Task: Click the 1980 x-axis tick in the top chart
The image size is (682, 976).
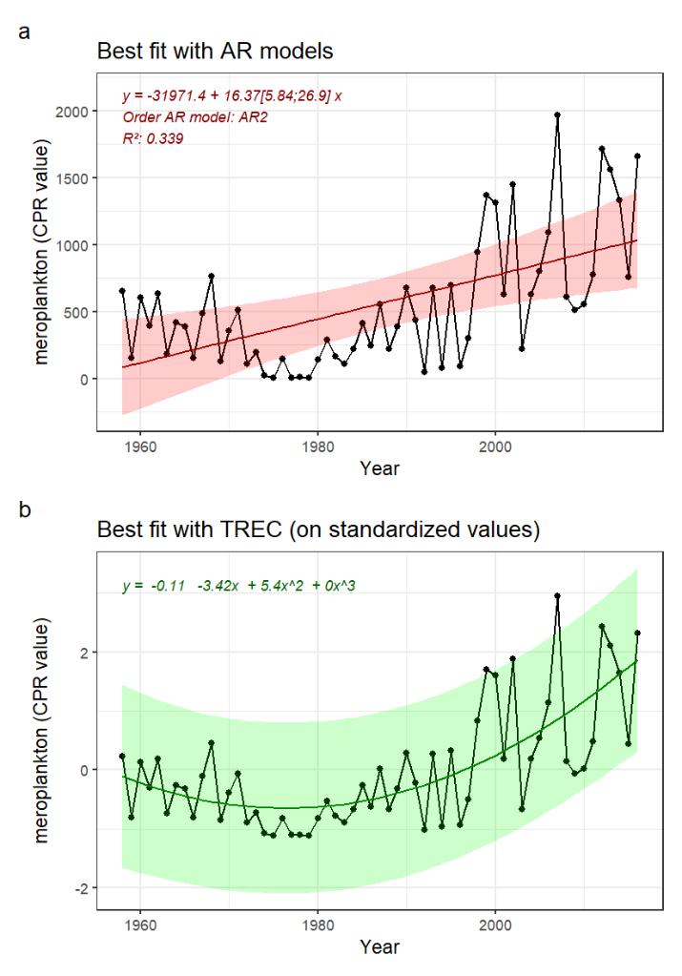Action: [x=318, y=446]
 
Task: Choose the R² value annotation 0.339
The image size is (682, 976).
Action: [x=153, y=138]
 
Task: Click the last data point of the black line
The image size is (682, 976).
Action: [x=637, y=156]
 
